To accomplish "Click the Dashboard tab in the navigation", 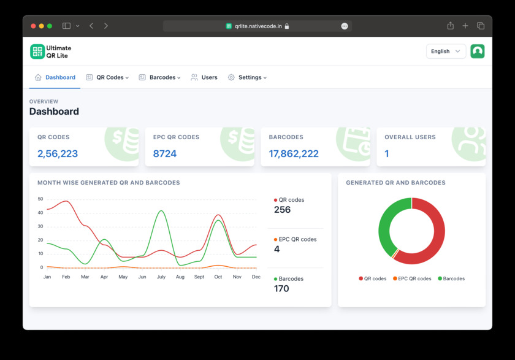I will pyautogui.click(x=55, y=77).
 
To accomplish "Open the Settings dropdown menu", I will pyautogui.click(x=248, y=77).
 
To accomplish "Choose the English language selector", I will pyautogui.click(x=446, y=52).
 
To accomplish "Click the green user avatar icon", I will pyautogui.click(x=478, y=52).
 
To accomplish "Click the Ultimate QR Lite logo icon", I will pyautogui.click(x=37, y=52).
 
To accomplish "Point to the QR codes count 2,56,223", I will pyautogui.click(x=58, y=154).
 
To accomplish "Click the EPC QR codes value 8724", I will pyautogui.click(x=165, y=154).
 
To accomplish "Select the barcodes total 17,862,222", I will pyautogui.click(x=294, y=154).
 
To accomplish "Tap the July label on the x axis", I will pyautogui.click(x=161, y=277).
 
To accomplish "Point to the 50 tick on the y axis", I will pyautogui.click(x=40, y=199).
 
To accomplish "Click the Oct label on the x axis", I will pyautogui.click(x=218, y=277).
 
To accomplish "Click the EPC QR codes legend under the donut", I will pyautogui.click(x=412, y=278).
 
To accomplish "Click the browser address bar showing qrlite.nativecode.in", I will pyautogui.click(x=257, y=26).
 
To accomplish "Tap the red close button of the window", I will pyautogui.click(x=33, y=26).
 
